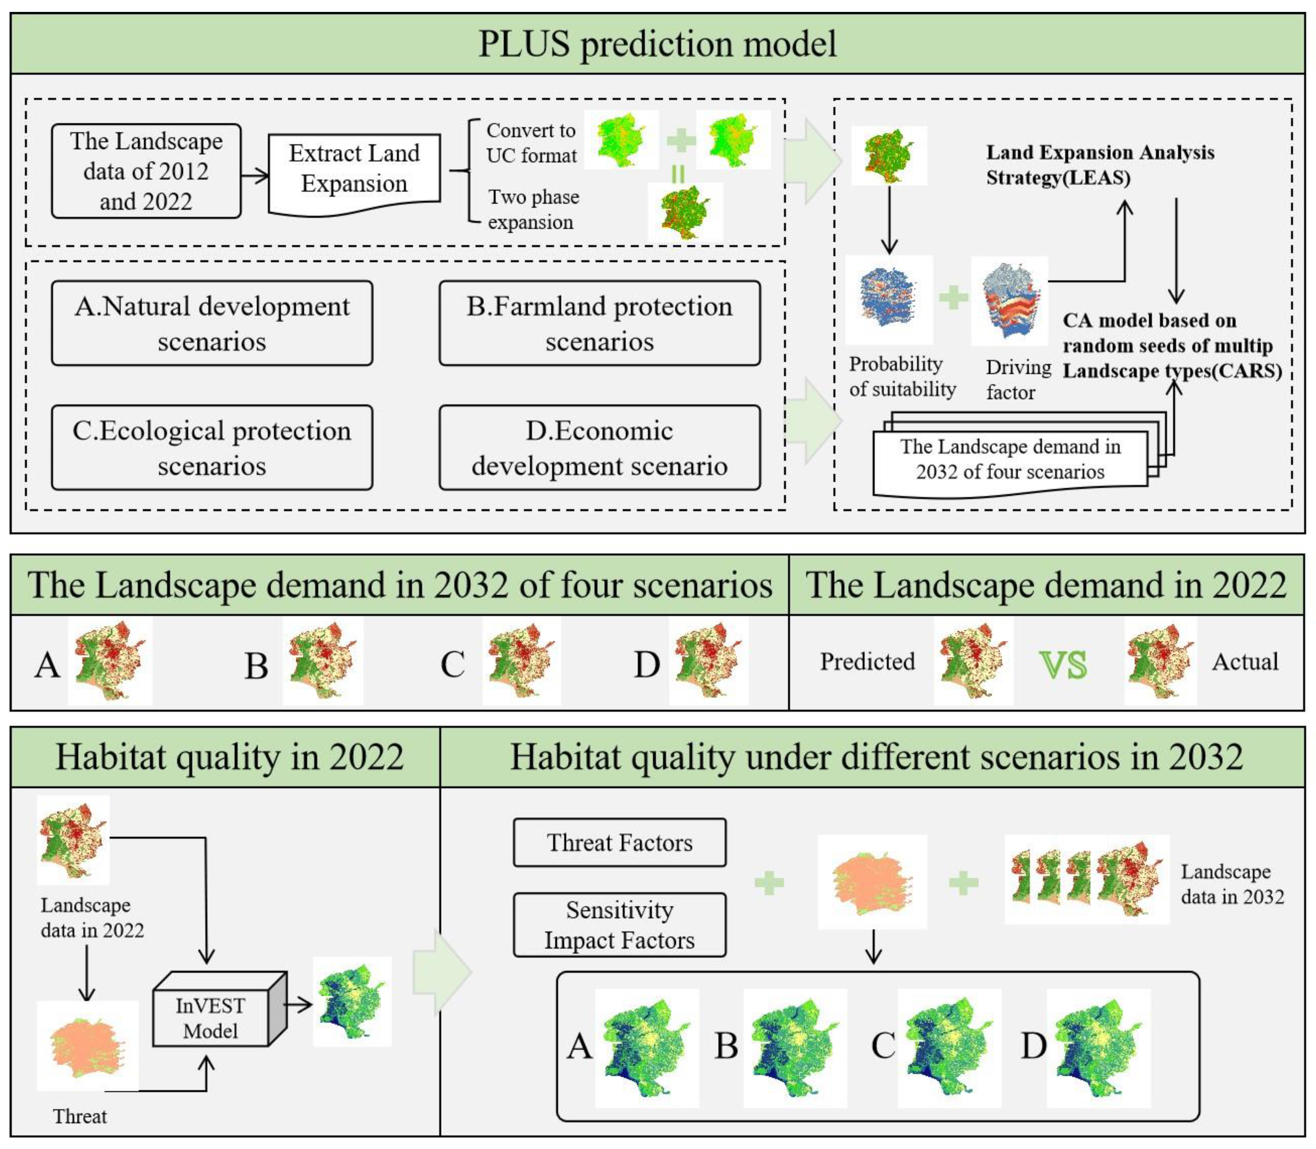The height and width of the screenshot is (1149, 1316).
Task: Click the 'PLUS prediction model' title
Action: click(x=657, y=44)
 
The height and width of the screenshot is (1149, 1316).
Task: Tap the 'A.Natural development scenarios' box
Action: click(x=211, y=323)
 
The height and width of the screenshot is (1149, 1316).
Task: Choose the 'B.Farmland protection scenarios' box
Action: click(x=600, y=323)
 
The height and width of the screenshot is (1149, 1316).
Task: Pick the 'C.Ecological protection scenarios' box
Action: click(x=211, y=447)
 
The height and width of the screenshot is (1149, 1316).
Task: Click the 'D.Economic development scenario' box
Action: click(x=600, y=447)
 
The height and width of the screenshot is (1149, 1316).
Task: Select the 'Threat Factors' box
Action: click(x=620, y=843)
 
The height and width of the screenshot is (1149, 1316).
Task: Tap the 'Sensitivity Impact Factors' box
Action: click(x=620, y=925)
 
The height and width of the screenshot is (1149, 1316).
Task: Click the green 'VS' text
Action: click(x=1063, y=665)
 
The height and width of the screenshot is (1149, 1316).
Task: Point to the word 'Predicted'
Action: click(x=867, y=662)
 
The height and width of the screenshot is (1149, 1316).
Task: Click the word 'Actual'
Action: click(x=1245, y=662)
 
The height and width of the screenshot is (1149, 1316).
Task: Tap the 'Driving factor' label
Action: click(x=1018, y=379)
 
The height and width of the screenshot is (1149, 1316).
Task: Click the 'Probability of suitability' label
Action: click(x=902, y=376)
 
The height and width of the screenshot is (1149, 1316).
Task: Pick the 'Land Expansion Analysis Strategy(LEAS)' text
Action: click(x=1100, y=165)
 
